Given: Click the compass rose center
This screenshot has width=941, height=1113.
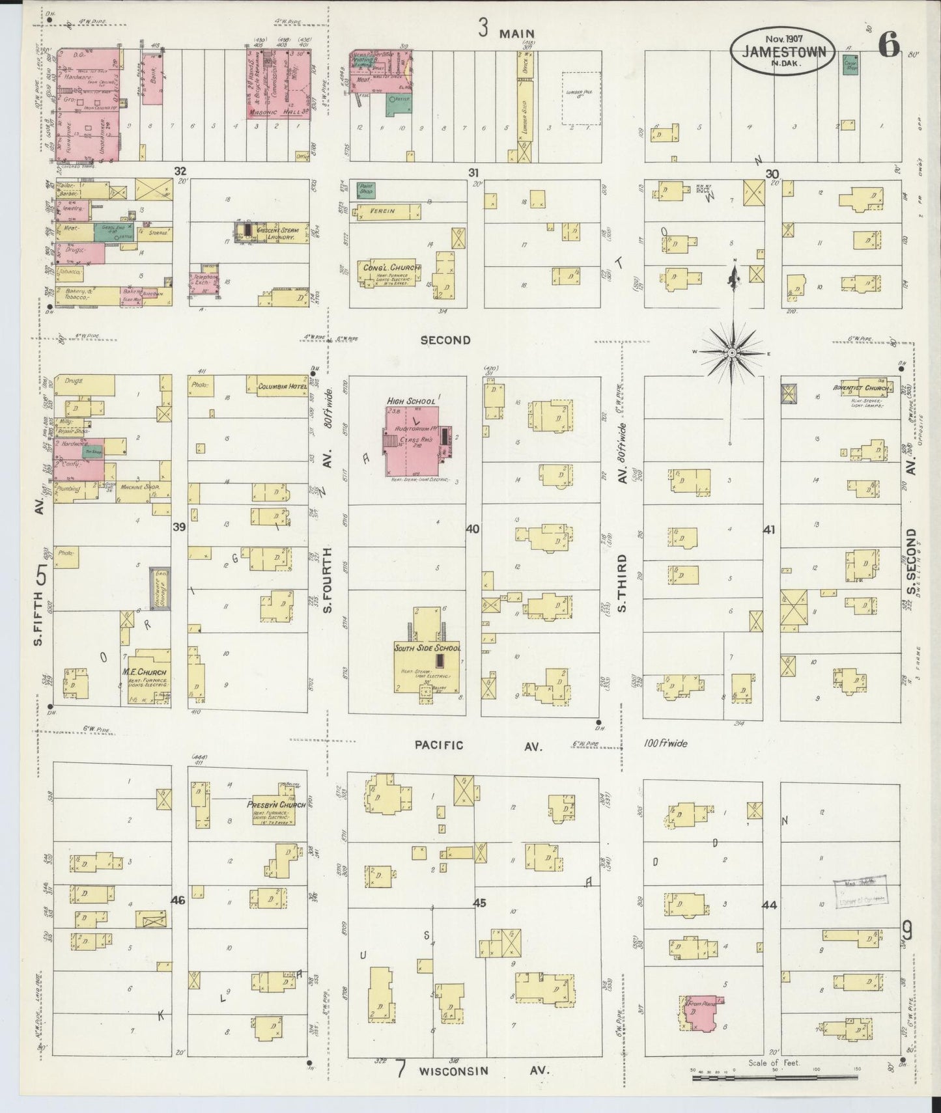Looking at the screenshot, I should point(732,352).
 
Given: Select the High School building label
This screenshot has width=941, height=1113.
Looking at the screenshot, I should point(412,401).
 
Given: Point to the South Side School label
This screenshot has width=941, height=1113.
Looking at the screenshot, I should point(427,648).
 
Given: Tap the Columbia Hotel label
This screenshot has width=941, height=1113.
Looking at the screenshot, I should point(282,387).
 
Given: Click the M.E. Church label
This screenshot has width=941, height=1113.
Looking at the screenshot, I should point(144,672).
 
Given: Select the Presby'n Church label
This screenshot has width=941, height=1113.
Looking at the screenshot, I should point(276,804).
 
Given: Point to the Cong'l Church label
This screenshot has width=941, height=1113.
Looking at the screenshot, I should point(389,268).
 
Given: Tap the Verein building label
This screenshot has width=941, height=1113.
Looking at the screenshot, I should point(383,212).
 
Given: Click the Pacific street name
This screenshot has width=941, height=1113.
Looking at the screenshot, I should point(440,745).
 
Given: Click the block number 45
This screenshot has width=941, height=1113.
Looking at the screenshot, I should point(479,903).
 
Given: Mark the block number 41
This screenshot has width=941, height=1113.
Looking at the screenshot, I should point(769,530).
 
